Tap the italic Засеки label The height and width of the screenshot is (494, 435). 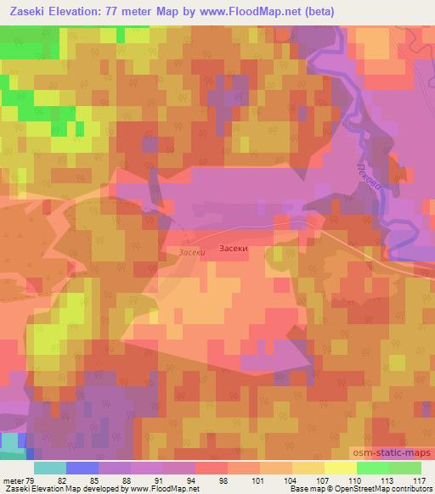pyautogui.click(x=192, y=251)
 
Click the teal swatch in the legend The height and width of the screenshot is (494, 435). pyautogui.click(x=50, y=468)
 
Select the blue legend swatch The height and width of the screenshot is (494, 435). pyautogui.click(x=82, y=468)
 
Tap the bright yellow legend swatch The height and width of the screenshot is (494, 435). pyautogui.click(x=340, y=468)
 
